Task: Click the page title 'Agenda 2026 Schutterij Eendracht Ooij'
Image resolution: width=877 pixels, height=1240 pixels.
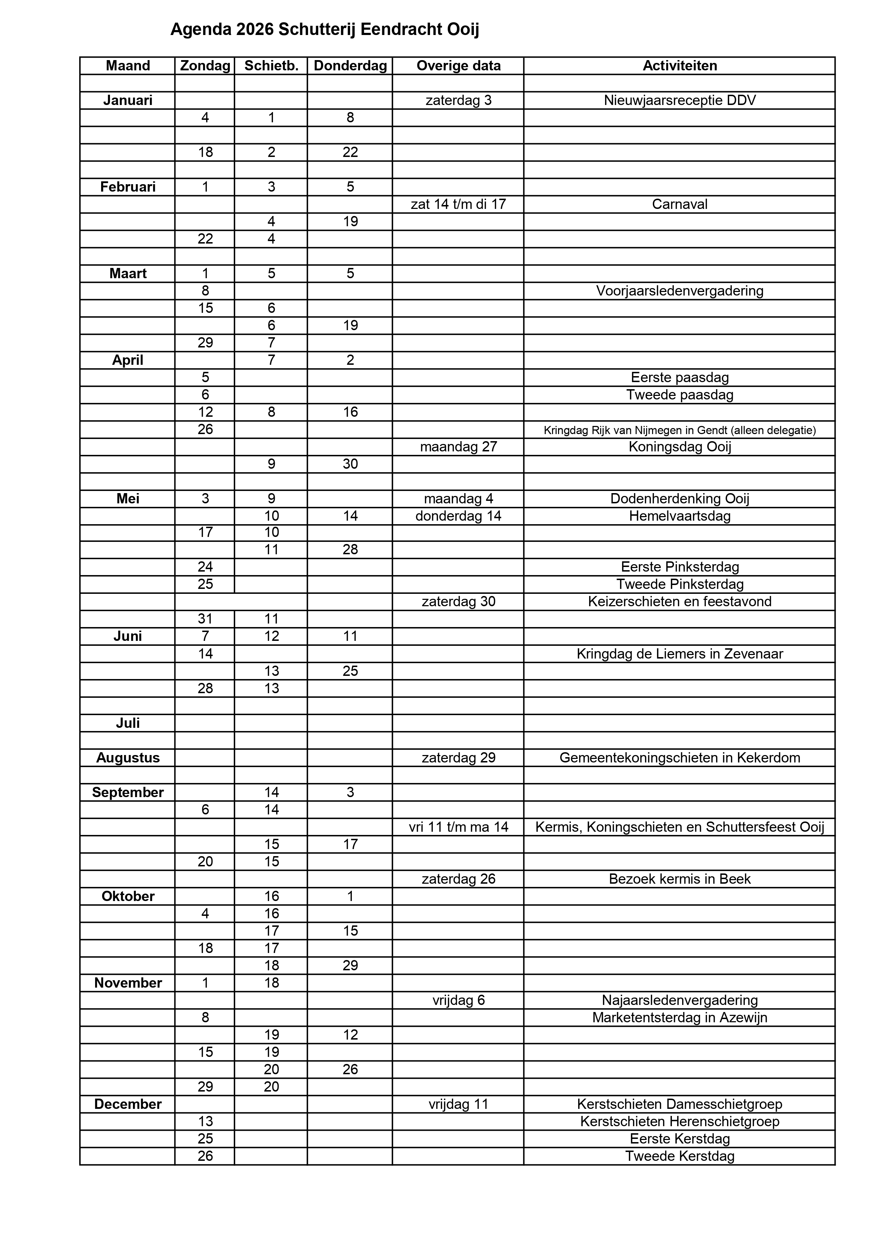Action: click(324, 30)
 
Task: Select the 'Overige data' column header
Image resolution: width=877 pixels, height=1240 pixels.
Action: click(458, 66)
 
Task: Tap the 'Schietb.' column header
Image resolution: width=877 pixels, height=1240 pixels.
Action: click(271, 66)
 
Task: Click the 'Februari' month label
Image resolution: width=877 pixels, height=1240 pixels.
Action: click(128, 187)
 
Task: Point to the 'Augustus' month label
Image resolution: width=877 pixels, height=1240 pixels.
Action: click(128, 758)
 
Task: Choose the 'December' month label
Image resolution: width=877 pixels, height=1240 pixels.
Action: click(128, 1104)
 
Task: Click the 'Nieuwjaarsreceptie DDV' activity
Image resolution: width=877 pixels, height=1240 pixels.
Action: click(680, 100)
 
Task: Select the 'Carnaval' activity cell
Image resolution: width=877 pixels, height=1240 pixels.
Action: click(680, 204)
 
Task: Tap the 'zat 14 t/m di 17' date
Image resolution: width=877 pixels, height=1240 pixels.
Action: click(458, 204)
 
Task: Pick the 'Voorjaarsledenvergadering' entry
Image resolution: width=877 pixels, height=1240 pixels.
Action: click(680, 291)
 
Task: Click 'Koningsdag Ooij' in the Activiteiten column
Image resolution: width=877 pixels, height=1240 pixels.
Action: click(680, 447)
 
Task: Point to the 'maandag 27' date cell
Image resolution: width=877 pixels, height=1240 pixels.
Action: click(458, 447)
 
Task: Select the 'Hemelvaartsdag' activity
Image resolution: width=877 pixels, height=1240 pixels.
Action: click(680, 516)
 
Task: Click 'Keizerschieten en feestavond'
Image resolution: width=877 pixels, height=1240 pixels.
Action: click(680, 602)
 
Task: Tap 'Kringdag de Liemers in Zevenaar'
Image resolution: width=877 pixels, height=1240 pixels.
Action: click(680, 654)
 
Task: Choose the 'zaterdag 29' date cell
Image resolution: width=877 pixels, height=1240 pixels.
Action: click(458, 758)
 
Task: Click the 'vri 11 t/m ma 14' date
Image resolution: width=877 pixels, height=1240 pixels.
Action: click(458, 827)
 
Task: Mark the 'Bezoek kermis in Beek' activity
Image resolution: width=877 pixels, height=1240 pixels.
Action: click(680, 879)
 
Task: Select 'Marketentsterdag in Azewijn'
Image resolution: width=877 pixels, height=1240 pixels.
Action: click(680, 1018)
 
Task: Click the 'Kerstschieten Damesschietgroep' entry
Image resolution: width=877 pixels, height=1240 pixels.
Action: click(680, 1104)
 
